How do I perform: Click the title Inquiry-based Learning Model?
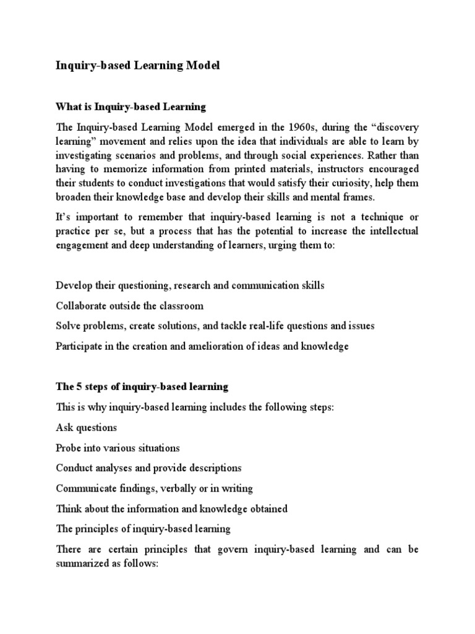(138, 66)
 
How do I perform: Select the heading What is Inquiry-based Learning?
(131, 106)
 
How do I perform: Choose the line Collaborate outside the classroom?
(129, 306)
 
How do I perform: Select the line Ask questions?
(86, 427)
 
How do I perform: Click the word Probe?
(69, 448)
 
